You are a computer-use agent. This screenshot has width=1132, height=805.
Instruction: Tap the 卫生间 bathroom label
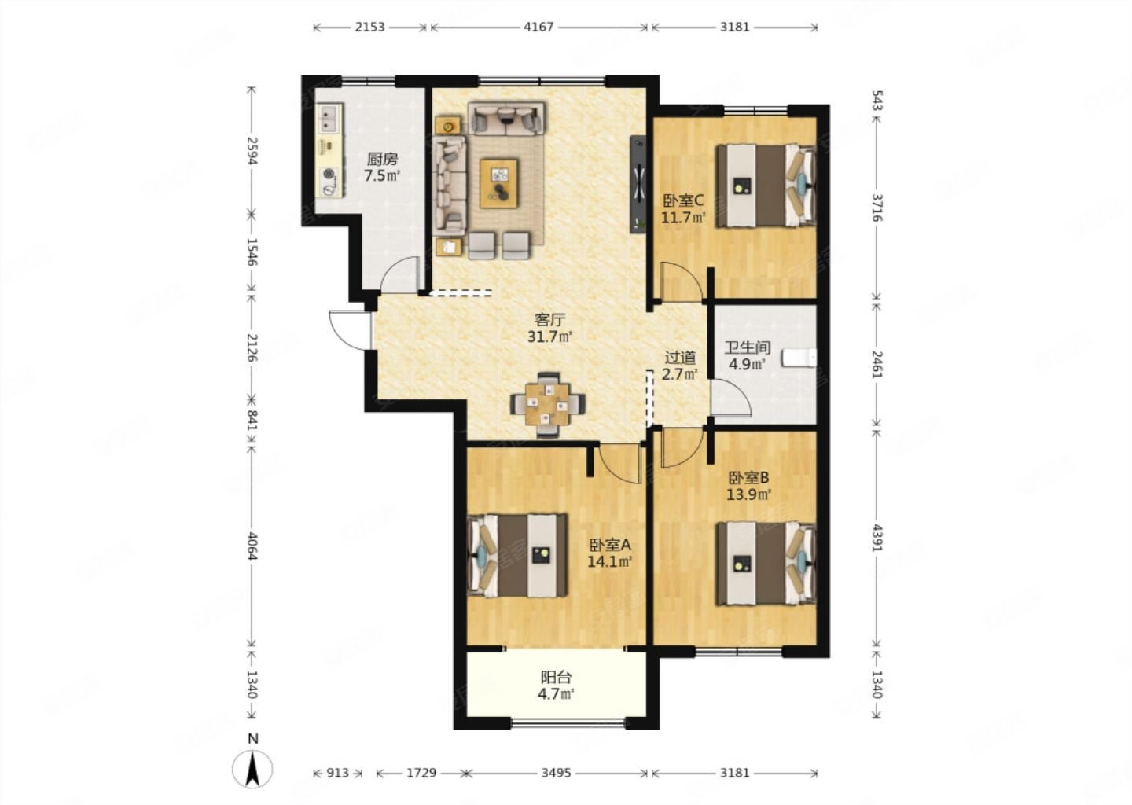[x=748, y=347]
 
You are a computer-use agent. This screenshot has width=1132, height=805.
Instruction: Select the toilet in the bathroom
[x=799, y=357]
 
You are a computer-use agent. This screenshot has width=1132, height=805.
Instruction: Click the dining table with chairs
[x=548, y=404]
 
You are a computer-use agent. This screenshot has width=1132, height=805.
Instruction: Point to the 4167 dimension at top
[x=538, y=27]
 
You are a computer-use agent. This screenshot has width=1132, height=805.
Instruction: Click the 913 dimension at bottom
[x=337, y=773]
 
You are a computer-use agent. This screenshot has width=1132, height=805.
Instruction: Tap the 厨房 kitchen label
[x=382, y=160]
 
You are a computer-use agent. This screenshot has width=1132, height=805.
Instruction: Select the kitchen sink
[x=329, y=119]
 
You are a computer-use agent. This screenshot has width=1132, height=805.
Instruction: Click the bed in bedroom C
[x=766, y=186]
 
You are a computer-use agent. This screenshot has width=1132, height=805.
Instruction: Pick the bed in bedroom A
[x=518, y=556]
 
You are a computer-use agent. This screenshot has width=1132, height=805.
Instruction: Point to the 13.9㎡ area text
[x=748, y=494]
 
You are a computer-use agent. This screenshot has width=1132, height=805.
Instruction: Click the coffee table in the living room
[x=499, y=183]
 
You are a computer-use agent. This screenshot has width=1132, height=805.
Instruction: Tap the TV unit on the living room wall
[x=638, y=185]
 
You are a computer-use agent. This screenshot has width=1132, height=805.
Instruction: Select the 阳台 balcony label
[x=556, y=676]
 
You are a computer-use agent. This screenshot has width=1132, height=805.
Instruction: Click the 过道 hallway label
[x=680, y=358]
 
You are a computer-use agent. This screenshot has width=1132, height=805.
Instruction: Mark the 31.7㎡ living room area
[x=549, y=336]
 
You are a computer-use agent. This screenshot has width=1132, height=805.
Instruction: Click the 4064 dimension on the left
[x=252, y=545]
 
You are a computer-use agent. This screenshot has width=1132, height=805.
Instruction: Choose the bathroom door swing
[x=731, y=399]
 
